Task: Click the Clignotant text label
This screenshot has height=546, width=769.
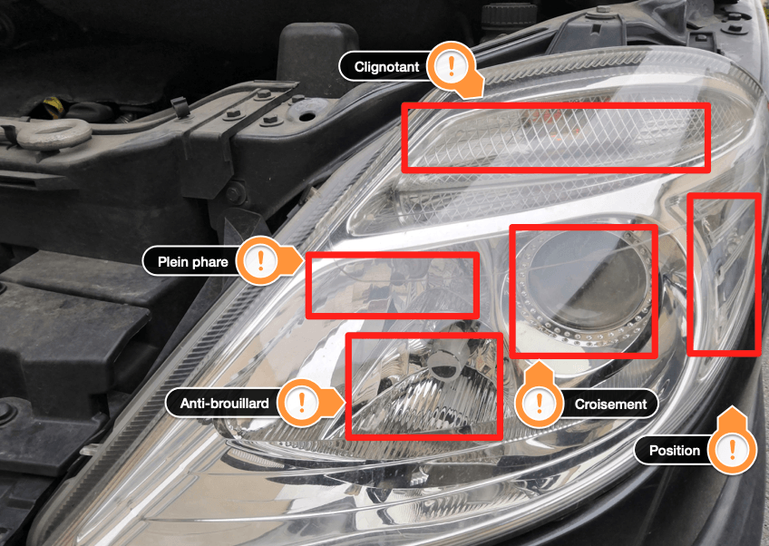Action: [386, 67]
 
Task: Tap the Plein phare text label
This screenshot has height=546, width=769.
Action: [193, 262]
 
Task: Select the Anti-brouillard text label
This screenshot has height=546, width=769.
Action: [225, 404]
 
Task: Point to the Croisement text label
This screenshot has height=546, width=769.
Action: [610, 405]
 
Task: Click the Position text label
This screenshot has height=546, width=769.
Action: [675, 451]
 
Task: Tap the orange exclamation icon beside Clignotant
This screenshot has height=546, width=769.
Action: [452, 65]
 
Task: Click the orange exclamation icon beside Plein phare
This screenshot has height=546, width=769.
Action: [260, 260]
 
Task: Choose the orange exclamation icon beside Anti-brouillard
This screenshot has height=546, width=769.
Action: [302, 403]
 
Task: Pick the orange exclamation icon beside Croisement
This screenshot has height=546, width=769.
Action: [539, 404]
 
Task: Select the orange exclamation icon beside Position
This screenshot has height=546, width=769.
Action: [732, 449]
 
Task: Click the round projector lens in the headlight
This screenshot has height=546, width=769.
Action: [586, 285]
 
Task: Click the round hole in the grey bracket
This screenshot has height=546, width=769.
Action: [307, 116]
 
